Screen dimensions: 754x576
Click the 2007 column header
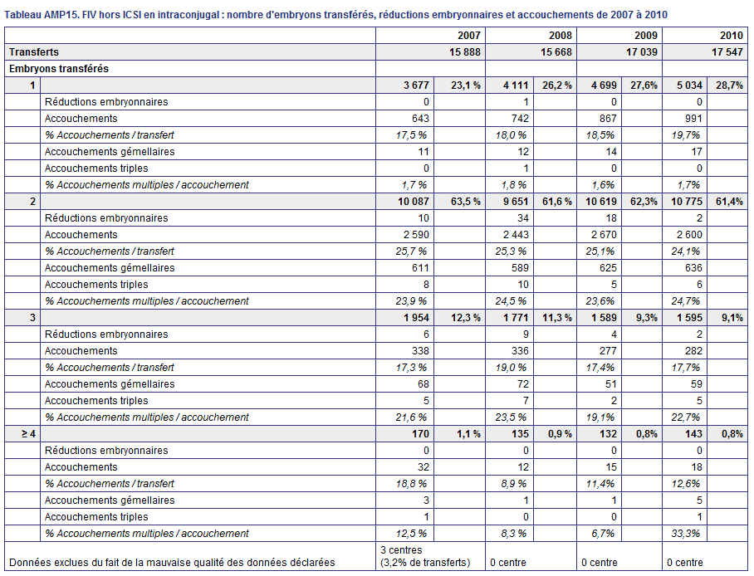469,35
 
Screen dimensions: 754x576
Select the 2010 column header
732,35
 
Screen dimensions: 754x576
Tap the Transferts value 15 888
465,52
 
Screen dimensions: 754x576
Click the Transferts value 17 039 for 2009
641,52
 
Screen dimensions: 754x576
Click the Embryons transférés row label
59,69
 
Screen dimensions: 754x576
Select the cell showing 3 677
416,85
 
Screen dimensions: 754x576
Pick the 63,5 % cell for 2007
466,202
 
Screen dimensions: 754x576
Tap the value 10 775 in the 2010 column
687,202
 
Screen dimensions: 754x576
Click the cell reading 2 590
413,235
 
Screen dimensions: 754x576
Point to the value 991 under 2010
693,119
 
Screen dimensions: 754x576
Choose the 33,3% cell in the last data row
686,533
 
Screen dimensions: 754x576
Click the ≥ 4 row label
28,434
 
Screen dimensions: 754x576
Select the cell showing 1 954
416,317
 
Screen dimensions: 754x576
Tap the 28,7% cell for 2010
729,85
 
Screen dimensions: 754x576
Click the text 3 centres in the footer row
401,550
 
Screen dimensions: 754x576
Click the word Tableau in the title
22,15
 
